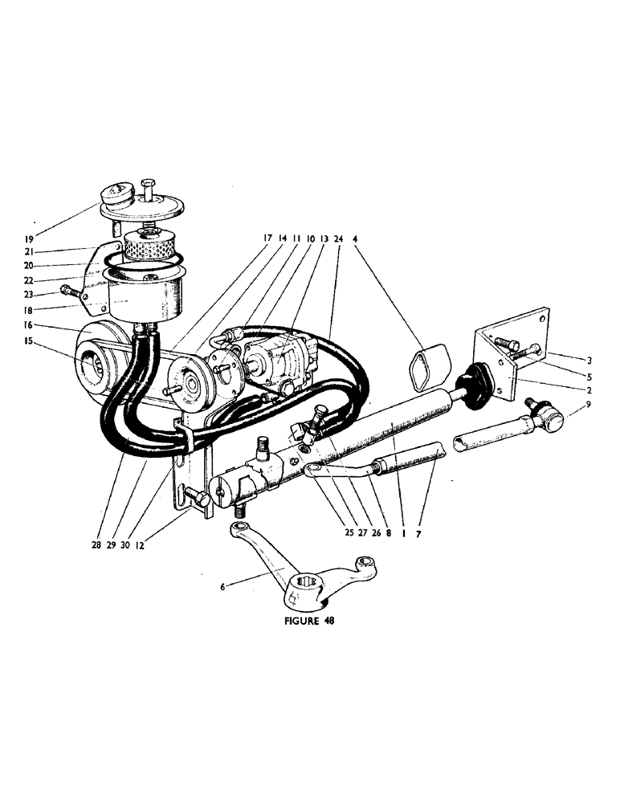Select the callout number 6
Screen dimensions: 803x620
coord(222,587)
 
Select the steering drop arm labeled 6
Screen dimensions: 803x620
coord(305,566)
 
